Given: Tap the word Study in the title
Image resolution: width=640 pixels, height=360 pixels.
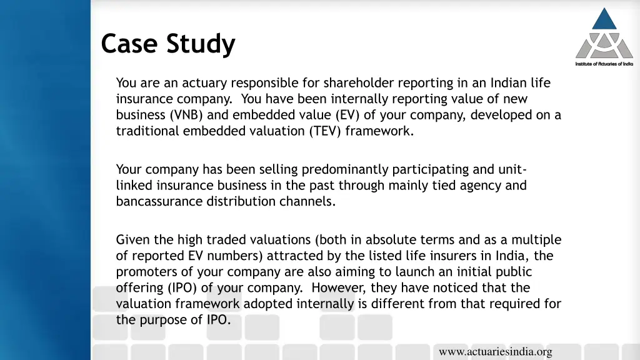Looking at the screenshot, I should point(201,44).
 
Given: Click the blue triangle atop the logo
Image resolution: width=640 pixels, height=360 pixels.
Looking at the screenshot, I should point(604,19).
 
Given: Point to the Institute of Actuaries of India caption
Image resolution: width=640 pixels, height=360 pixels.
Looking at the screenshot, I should point(604,64).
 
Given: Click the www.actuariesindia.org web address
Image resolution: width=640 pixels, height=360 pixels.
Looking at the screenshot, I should point(496,352).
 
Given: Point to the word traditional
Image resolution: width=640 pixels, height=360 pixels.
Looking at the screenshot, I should point(147,131).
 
